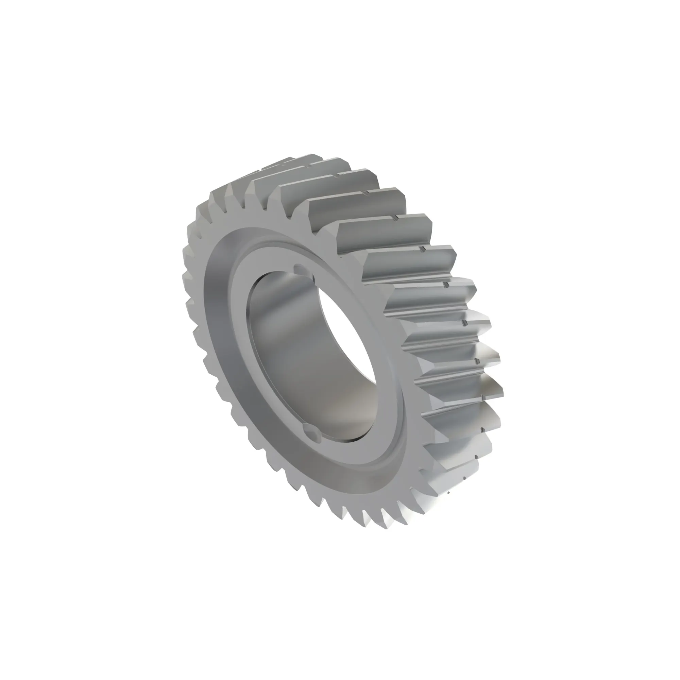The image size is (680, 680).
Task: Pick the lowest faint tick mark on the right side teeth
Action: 464,479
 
